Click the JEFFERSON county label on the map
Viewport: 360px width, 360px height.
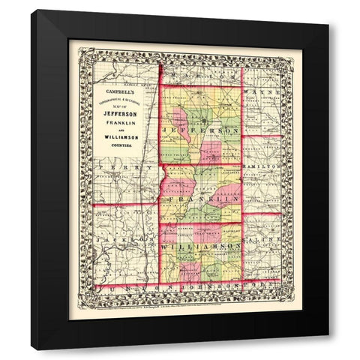(200, 130)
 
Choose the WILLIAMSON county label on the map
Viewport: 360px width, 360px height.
(201, 246)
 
